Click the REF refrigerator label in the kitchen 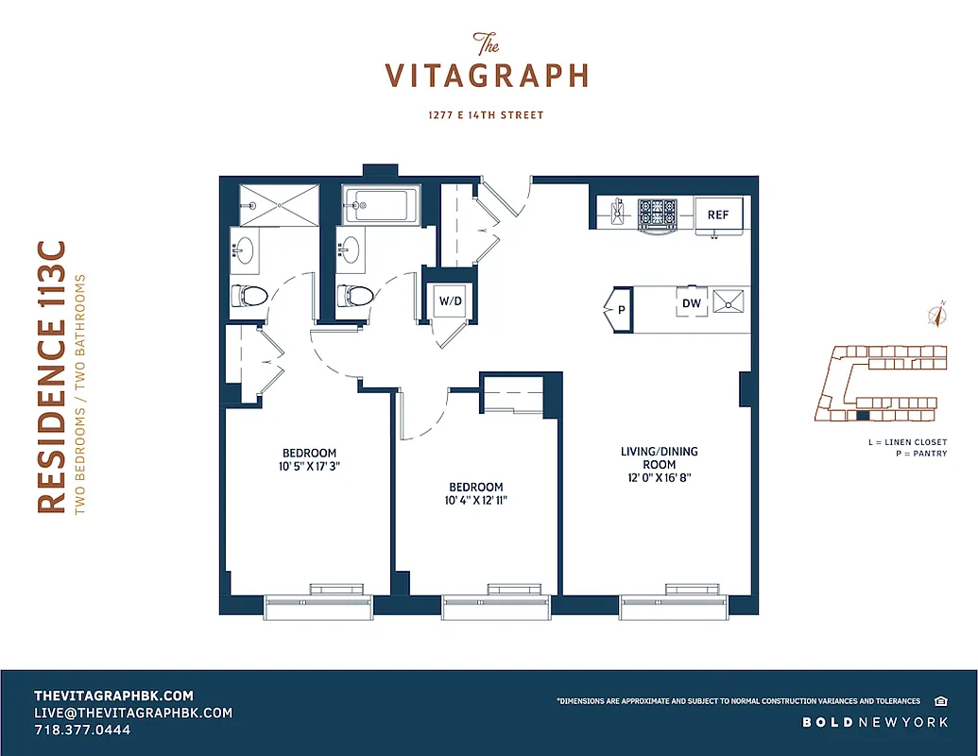(718, 215)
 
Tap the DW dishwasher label (692, 304)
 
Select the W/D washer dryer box (448, 301)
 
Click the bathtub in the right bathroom (381, 204)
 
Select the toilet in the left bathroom (248, 295)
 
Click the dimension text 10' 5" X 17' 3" (309, 466)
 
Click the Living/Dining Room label (659, 457)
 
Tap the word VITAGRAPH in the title (487, 76)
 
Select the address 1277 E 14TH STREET (487, 115)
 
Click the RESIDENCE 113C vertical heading (52, 378)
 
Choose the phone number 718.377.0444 (82, 730)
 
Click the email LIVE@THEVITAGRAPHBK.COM (132, 713)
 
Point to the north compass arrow (937, 316)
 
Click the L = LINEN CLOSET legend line (906, 441)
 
